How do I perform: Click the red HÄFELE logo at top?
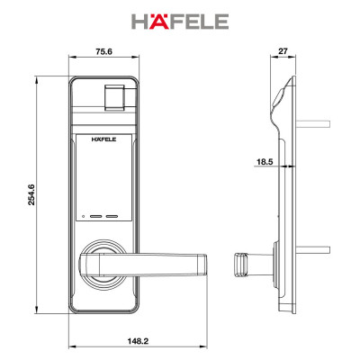(x=179, y=20)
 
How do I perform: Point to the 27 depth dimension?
(x=283, y=52)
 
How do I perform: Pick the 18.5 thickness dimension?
(x=264, y=163)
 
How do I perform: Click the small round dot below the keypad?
(x=83, y=217)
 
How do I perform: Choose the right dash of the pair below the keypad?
(x=113, y=217)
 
